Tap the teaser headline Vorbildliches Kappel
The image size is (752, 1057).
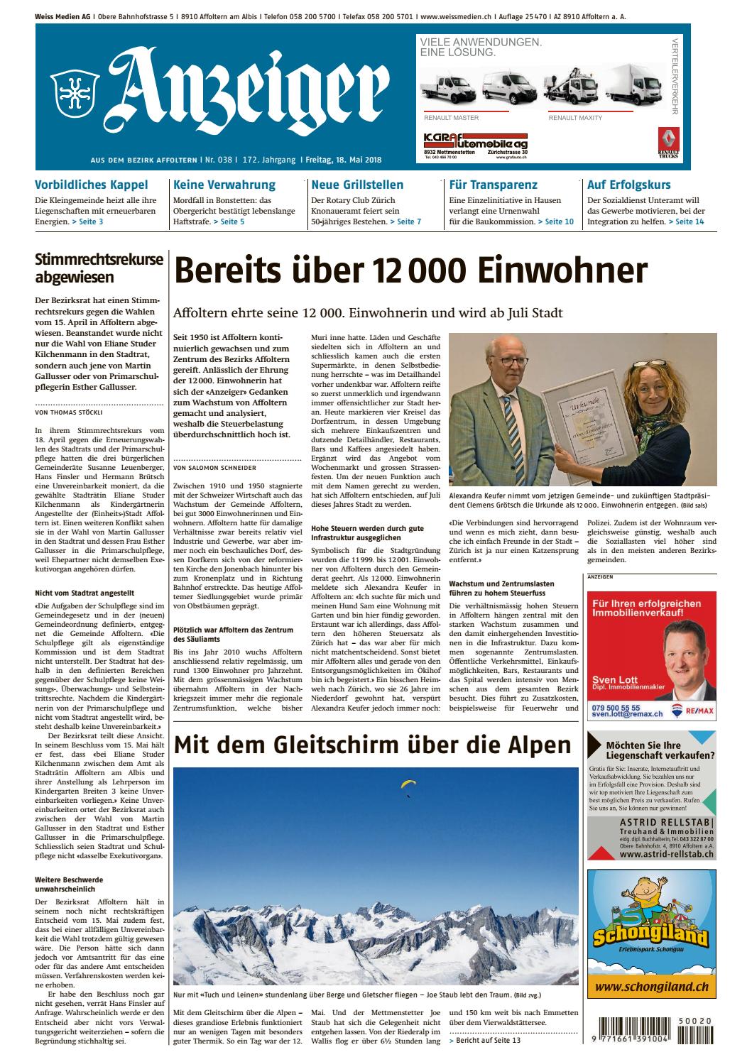pyautogui.click(x=91, y=185)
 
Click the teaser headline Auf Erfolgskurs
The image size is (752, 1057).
pyautogui.click(x=628, y=185)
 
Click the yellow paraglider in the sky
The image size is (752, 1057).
pyautogui.click(x=408, y=784)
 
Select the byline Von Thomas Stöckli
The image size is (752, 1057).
pyautogui.click(x=67, y=411)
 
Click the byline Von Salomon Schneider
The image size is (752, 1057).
pyautogui.click(x=215, y=468)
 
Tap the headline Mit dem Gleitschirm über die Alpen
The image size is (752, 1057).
pyautogui.click(x=373, y=745)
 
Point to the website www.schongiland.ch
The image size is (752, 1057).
pyautogui.click(x=652, y=987)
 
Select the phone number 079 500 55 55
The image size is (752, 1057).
pyautogui.click(x=615, y=708)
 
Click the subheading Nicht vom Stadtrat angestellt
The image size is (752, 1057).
pyautogui.click(x=84, y=592)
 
